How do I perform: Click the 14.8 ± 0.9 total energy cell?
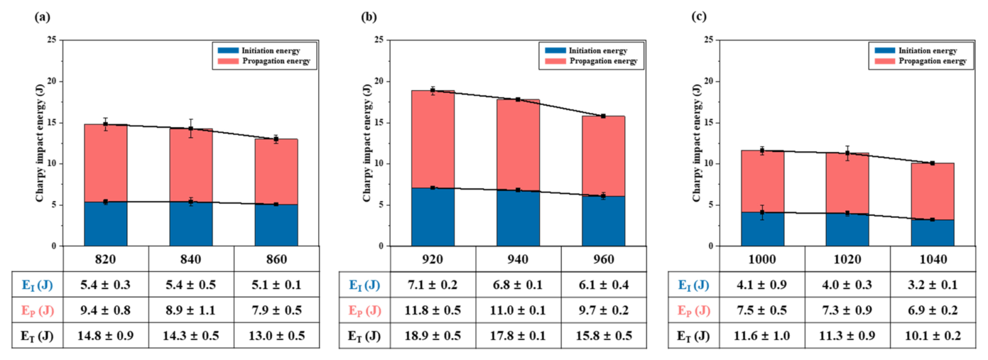106,336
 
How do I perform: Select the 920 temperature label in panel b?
433,259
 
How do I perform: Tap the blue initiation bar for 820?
106,224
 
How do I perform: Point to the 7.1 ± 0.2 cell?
433,285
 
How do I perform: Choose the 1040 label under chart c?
933,259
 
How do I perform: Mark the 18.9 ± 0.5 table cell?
433,336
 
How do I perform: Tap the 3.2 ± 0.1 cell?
933,285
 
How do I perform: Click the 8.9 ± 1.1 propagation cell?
191,310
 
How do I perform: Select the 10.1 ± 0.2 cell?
933,336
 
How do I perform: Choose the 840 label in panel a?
191,259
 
